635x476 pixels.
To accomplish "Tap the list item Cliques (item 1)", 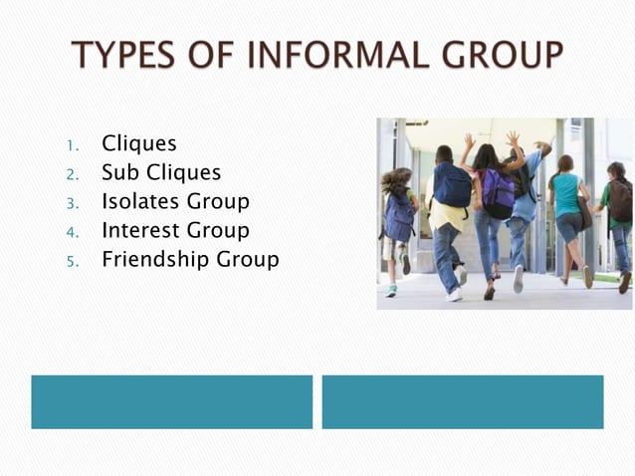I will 138,144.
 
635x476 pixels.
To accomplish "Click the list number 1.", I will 72,146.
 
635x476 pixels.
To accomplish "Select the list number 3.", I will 72,204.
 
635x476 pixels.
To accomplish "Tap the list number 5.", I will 72,262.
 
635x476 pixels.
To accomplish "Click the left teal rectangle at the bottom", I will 171,401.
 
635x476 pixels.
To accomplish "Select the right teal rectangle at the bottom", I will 462,401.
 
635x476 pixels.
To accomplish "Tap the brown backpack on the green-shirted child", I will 621,200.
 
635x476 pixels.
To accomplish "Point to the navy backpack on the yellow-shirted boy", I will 452,185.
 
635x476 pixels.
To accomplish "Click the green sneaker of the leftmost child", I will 391,291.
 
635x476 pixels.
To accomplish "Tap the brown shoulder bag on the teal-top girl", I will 585,214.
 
